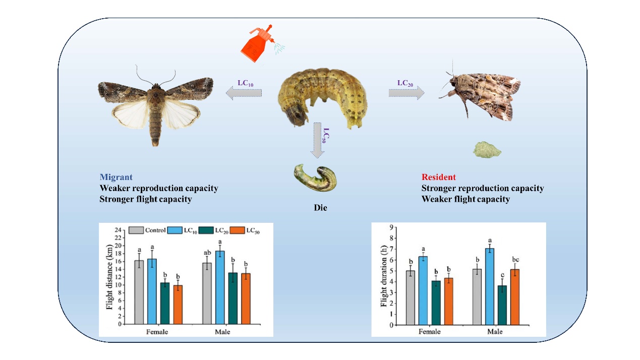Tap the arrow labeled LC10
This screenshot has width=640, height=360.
[244, 92]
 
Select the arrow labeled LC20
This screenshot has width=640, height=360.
[406, 92]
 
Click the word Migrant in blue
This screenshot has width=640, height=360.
[116, 177]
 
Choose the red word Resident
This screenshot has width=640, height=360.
[438, 177]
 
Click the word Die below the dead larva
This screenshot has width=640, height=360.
[320, 207]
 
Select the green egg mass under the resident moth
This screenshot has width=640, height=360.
[486, 150]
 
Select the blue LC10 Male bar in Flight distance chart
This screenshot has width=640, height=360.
[220, 287]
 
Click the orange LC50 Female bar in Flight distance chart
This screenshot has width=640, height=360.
[178, 305]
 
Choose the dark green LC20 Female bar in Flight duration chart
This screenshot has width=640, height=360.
[436, 303]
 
